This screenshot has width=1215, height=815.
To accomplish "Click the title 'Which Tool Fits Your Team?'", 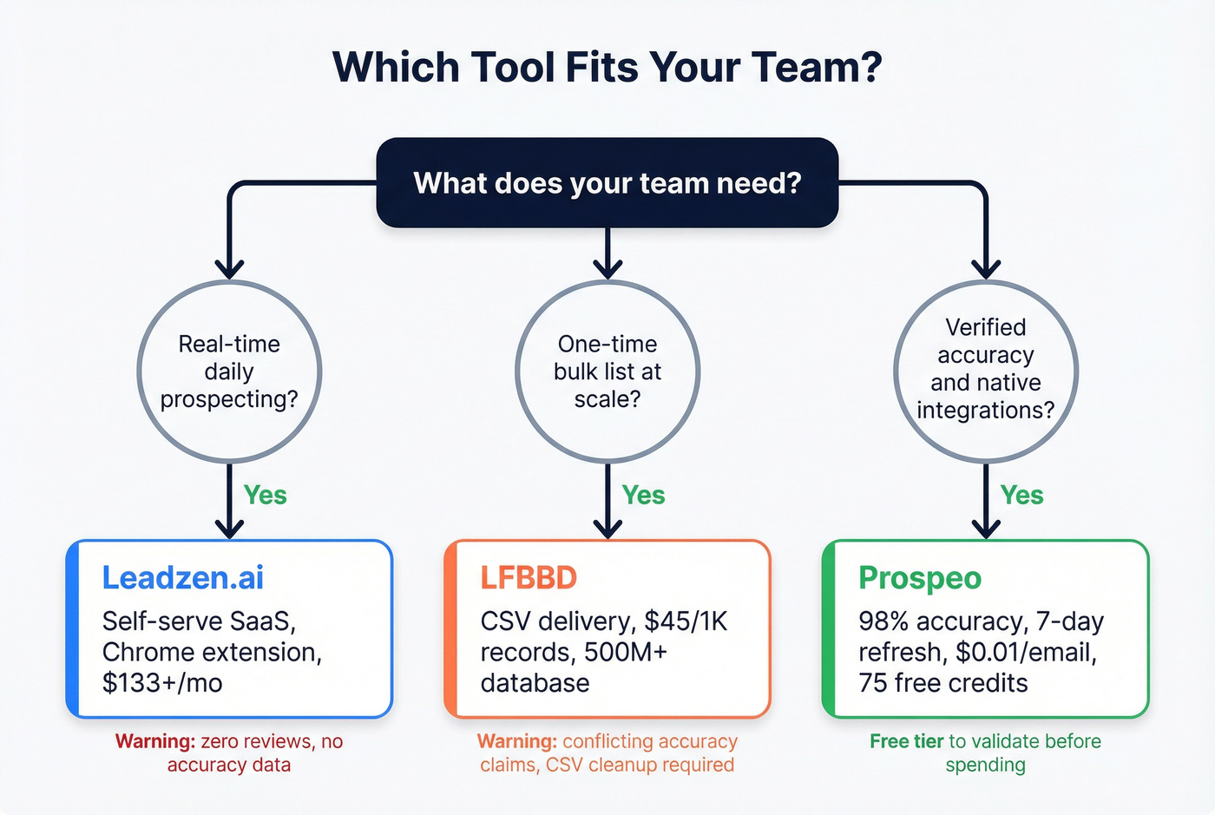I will pos(607,68).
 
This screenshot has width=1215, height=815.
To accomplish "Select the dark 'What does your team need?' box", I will pos(607,183).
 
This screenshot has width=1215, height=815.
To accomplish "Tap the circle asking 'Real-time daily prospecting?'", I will pos(229,371).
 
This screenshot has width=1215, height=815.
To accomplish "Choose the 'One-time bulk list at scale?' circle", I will pos(607,371).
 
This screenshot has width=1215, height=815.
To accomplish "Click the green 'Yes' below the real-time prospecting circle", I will pos(265,496).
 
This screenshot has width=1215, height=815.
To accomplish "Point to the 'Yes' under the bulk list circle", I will pos(643,496).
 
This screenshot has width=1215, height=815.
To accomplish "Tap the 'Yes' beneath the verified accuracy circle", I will pos(1021,496).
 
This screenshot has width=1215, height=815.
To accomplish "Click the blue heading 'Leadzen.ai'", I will pos(182,578).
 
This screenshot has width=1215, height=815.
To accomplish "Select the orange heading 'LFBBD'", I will pos(529,578).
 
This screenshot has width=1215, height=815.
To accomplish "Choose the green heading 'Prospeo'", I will pos(919,578).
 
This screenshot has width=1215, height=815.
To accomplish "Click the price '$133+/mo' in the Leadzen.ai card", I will pos(162,683).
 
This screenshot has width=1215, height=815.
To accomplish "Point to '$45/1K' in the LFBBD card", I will pos(686,622).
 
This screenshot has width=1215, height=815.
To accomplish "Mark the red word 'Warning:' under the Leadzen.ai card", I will pos(154,742).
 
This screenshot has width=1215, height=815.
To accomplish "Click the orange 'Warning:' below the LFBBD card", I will pos(516,742).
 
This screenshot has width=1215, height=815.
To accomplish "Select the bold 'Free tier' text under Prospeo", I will pos(906,742).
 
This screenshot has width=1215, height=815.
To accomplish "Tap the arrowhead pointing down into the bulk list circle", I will pos(607,269).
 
